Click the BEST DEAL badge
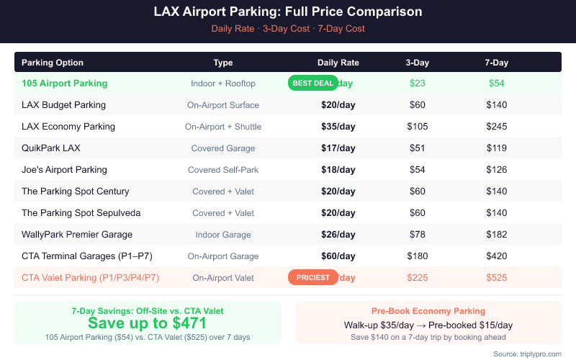point(313,83)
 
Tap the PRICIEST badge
point(313,277)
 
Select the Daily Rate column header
point(338,63)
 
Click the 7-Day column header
point(496,63)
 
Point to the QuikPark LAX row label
point(51,148)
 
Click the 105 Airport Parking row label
point(64,84)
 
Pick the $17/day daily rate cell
point(338,148)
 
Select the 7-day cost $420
point(496,256)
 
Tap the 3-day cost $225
point(417,278)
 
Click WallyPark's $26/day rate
point(338,235)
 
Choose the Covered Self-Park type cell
point(223,170)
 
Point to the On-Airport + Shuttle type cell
point(223,127)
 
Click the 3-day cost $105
point(417,127)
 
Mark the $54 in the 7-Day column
point(496,84)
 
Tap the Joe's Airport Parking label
point(64,170)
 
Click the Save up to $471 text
point(147,323)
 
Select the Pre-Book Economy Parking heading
point(428,311)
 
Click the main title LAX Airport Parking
point(288,12)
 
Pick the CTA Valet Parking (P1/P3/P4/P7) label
point(90,278)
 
